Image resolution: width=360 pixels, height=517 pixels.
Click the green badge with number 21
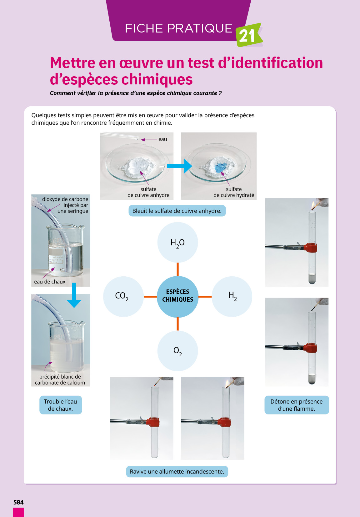point(248,35)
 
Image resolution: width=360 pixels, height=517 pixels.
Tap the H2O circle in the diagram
point(177,243)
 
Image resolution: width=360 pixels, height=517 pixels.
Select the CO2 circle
point(123,296)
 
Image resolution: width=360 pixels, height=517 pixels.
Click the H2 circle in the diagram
point(232,296)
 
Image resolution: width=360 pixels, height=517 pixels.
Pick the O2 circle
point(177,351)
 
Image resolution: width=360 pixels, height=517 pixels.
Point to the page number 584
point(18,502)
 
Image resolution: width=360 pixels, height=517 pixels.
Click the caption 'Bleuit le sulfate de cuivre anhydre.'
point(177,211)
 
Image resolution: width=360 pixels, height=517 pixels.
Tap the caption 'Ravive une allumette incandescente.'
point(177,472)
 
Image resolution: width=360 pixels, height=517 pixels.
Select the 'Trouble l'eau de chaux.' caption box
point(60,405)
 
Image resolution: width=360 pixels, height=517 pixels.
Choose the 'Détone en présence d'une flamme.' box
point(297,405)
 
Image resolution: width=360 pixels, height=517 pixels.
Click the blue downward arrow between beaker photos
point(74,295)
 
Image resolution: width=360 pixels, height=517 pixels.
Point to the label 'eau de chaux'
point(50,282)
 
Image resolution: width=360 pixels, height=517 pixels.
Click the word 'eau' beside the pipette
point(162,139)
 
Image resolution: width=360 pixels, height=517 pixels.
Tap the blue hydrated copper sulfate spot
point(220,168)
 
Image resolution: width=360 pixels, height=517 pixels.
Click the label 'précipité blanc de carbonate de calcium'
point(60,380)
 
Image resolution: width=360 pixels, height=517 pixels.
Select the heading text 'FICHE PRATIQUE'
point(178,28)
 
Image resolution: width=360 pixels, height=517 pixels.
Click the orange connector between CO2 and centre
point(150,296)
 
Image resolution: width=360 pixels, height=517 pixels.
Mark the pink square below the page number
point(18,512)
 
